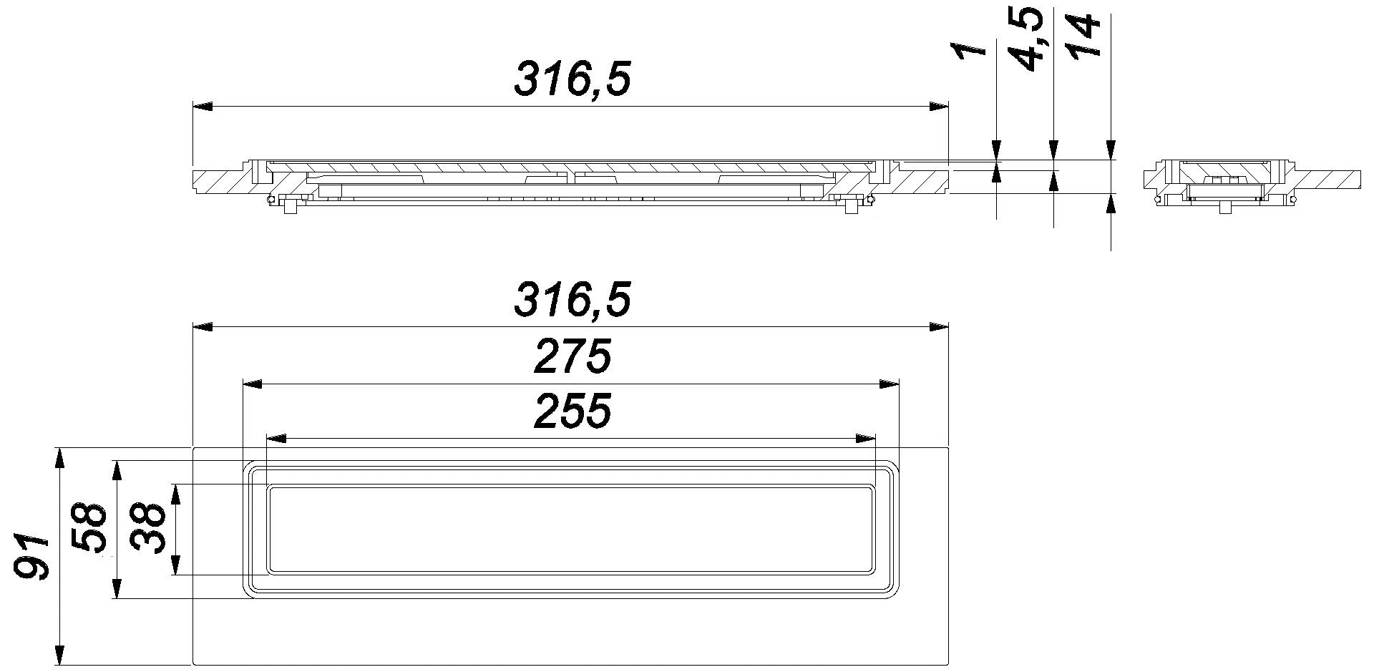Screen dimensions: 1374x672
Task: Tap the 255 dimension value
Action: pos(572,411)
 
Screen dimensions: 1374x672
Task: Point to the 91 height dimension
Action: pos(32,555)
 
